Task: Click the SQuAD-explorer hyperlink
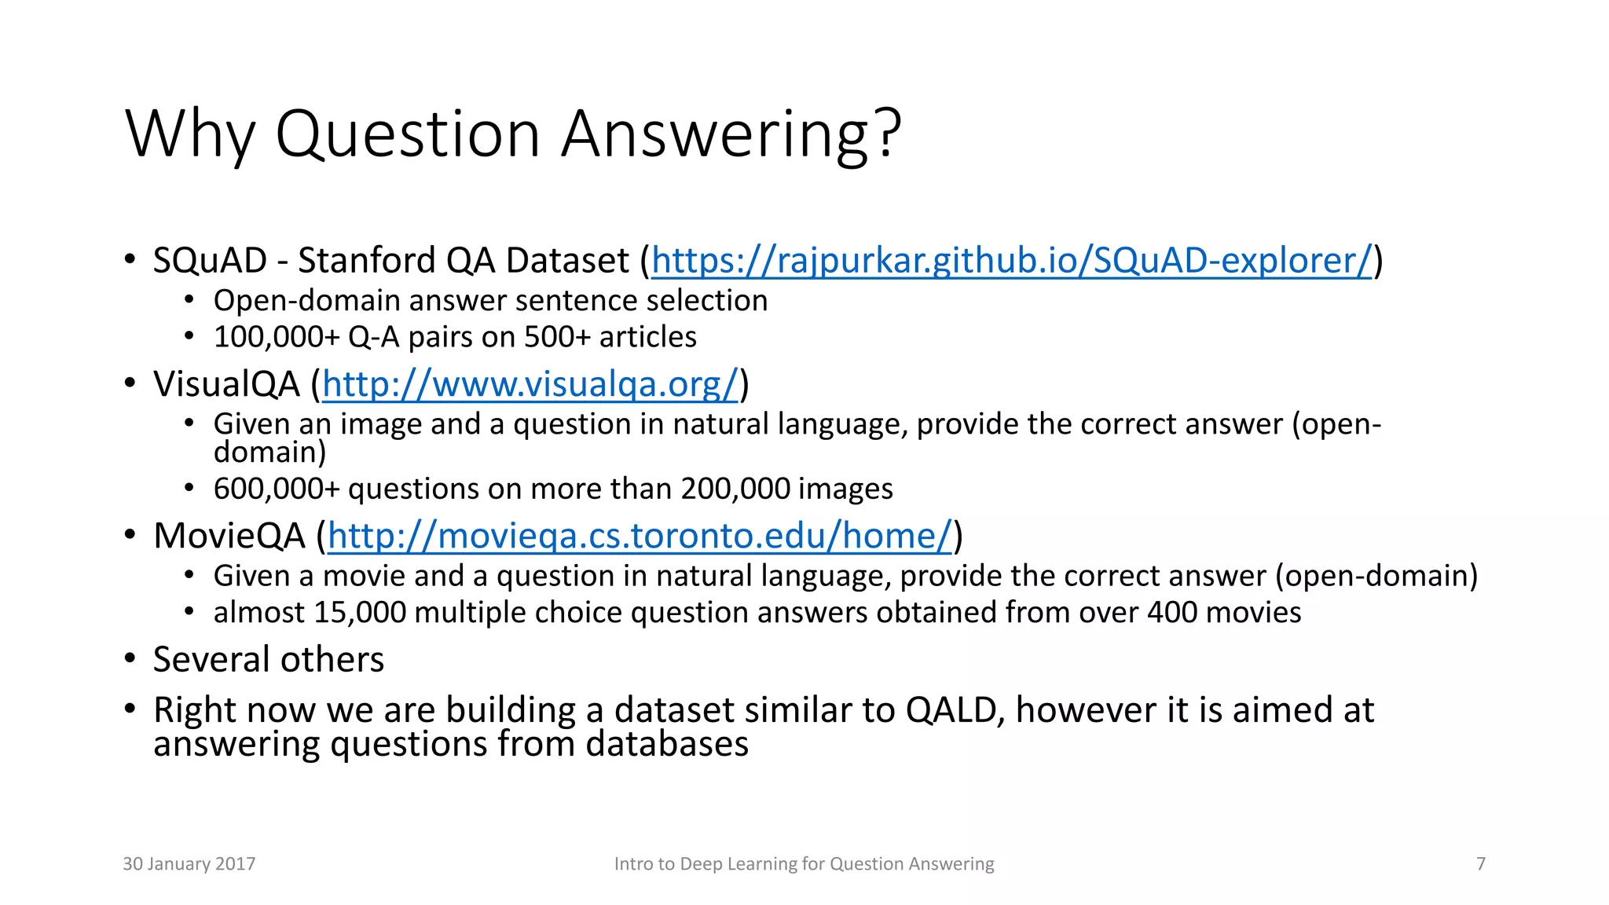point(1012,261)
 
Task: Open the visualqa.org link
point(530,385)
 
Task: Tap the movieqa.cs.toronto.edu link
point(640,537)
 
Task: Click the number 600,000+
point(277,489)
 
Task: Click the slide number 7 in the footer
point(1481,864)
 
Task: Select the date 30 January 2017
point(189,864)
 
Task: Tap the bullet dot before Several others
point(130,658)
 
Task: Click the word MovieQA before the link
point(229,537)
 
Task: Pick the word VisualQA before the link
point(226,385)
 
